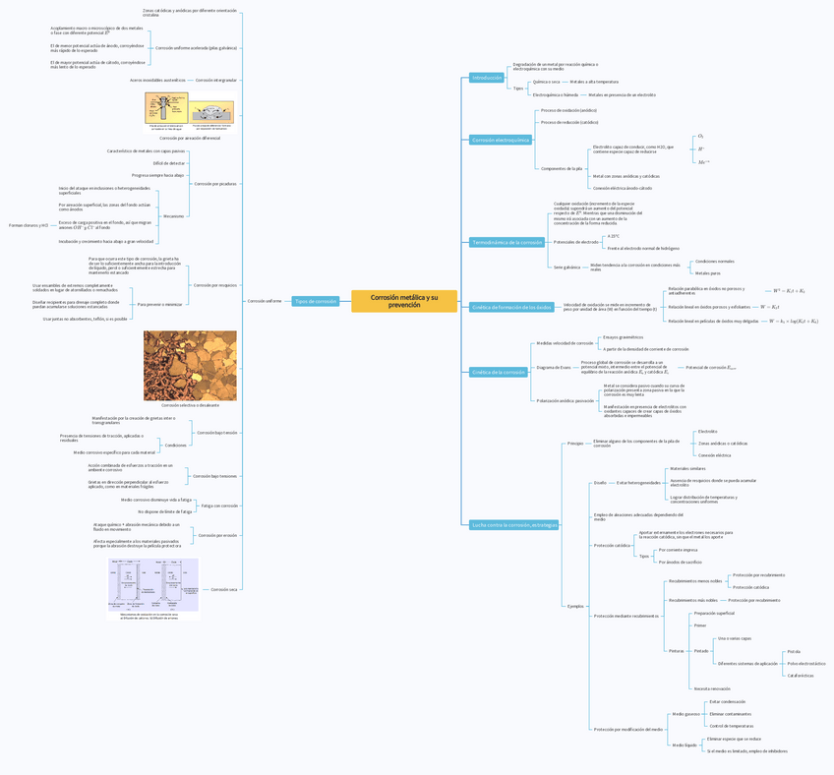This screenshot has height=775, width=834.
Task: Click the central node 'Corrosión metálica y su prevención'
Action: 404,301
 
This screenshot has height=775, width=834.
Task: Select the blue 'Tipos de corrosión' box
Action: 316,301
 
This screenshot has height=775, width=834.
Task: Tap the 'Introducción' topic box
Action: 487,78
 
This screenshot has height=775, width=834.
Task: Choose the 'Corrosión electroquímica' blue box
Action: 501,141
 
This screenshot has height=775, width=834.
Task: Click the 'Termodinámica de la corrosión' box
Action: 507,242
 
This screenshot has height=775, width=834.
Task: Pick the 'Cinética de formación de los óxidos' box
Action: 511,308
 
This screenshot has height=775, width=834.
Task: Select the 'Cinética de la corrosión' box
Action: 500,373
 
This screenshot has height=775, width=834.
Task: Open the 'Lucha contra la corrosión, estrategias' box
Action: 513,524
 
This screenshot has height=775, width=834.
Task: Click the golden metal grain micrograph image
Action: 190,365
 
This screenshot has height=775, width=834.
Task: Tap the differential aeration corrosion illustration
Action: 190,113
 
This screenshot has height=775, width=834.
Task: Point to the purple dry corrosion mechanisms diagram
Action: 153,587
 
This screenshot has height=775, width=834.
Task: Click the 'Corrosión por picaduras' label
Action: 214,184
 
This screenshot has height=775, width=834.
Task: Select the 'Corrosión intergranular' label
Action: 216,80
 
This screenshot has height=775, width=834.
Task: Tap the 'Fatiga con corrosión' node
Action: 219,506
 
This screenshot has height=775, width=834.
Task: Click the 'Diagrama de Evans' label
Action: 554,367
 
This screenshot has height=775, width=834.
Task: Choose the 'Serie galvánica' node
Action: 566,267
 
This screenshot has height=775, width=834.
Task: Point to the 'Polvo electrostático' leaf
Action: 806,663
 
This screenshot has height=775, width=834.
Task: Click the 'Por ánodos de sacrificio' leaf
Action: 681,562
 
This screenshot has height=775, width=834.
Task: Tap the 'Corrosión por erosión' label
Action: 217,536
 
